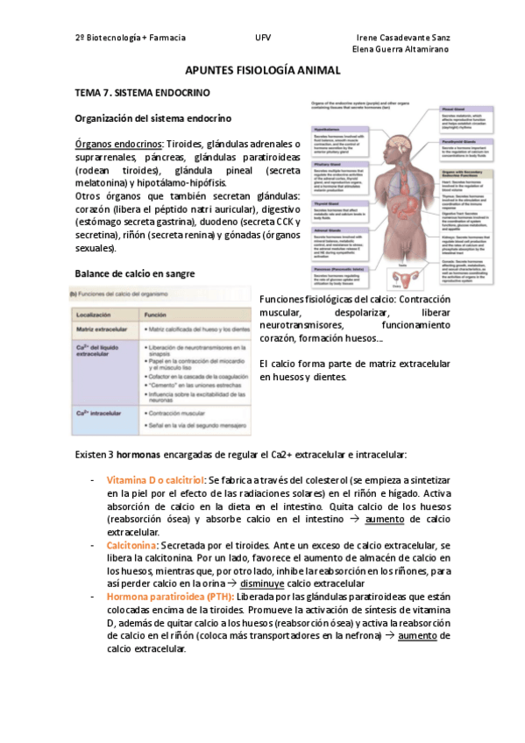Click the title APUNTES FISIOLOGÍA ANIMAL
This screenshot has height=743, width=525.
point(261,70)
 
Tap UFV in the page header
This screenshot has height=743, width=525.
point(263,39)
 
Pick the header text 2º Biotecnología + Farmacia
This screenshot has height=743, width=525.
point(131,39)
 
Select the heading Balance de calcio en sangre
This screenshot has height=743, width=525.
point(135,273)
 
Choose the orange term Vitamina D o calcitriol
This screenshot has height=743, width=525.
point(155,481)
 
